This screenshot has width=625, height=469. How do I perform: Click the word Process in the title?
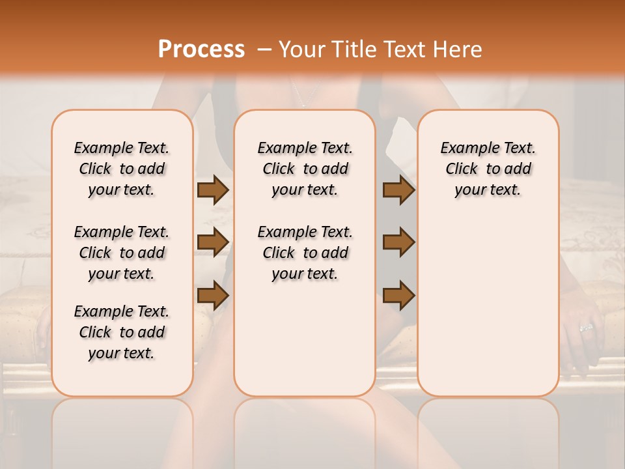201,50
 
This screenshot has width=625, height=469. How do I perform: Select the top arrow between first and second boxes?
213,190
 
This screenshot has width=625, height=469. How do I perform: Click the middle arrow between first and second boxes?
213,242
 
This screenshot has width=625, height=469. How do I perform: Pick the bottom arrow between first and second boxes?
213,295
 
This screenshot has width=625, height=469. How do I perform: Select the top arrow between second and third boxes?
398,190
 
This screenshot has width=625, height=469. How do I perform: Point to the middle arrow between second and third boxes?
398,242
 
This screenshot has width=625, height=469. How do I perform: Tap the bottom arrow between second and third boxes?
398,295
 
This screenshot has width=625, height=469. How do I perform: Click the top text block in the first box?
122,169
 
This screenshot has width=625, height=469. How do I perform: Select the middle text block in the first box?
122,253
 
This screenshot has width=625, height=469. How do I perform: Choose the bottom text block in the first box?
122,332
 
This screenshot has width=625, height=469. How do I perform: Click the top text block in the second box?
305,169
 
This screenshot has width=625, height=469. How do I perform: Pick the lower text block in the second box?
305,253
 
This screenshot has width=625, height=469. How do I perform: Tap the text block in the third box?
488,169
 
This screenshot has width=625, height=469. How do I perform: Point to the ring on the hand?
586,327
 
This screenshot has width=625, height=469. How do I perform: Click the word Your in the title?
299,50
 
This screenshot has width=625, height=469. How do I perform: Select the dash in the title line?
264,50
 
